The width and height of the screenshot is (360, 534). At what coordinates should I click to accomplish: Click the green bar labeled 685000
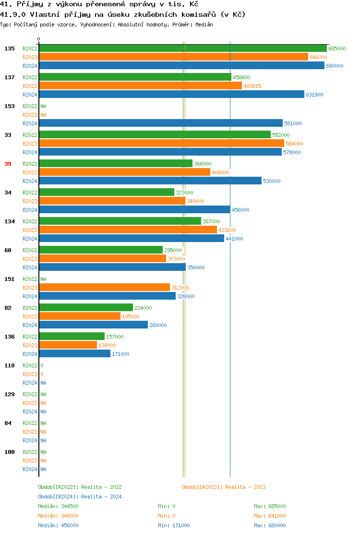[x=182, y=49]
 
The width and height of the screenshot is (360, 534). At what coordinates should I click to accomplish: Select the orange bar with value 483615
[x=140, y=86]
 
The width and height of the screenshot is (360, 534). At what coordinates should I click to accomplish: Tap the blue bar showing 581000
[x=161, y=123]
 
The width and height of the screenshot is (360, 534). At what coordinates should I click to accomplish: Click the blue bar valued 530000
[x=150, y=181]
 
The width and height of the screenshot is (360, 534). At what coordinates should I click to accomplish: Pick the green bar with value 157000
[x=72, y=337]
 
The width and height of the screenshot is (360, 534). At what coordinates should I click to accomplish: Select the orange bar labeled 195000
[x=80, y=316]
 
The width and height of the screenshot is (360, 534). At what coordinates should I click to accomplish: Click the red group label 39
[x=8, y=164]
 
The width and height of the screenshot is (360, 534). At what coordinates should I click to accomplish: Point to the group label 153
[x=10, y=106]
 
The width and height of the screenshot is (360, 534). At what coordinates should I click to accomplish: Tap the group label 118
[x=10, y=365]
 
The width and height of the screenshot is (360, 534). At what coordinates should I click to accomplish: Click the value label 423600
[x=227, y=230]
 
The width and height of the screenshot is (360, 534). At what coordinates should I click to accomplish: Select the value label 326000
[x=186, y=296]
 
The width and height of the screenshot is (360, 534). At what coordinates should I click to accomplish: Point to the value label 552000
[x=281, y=135]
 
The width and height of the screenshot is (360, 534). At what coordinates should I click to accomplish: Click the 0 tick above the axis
[x=39, y=39]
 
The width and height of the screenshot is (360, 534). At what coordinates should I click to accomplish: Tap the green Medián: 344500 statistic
[x=58, y=506]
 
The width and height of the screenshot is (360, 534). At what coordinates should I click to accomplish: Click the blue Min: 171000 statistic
[x=174, y=525]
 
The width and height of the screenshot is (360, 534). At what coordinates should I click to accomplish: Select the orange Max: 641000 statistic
[x=270, y=516]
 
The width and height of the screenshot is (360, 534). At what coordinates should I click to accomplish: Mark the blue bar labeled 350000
[x=112, y=267]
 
